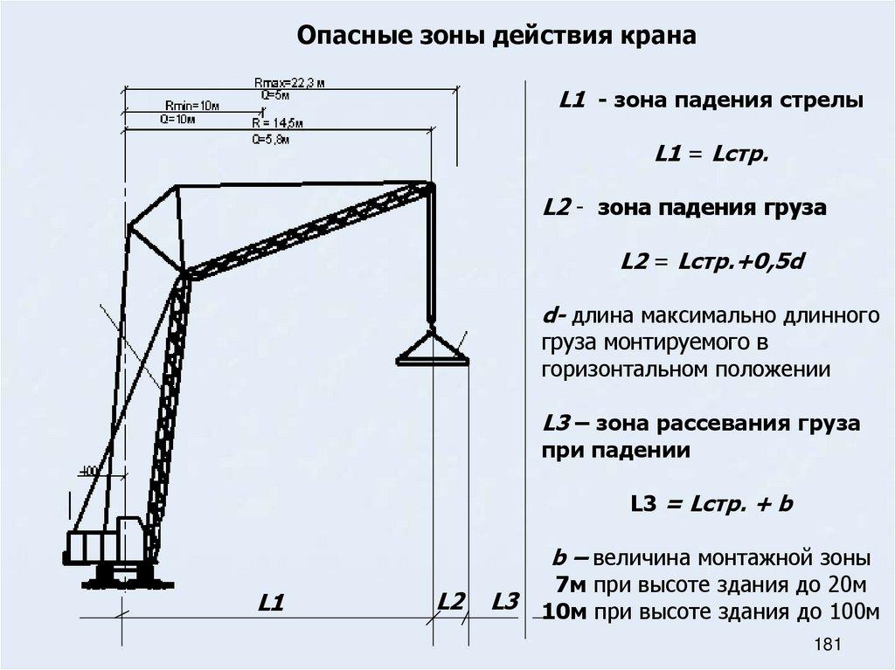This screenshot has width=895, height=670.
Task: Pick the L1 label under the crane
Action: [x=272, y=603]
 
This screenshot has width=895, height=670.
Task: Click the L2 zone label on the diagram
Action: [x=451, y=601]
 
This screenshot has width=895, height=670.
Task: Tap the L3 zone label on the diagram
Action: [x=505, y=601]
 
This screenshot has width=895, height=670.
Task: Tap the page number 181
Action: [x=826, y=646]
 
